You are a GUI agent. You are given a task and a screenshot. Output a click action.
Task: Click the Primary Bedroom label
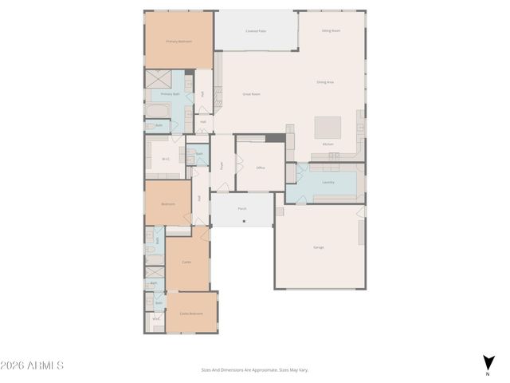point(178,41)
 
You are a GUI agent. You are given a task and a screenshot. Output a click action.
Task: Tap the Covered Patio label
point(256,31)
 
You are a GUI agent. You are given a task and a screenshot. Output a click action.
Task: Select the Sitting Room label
point(331,30)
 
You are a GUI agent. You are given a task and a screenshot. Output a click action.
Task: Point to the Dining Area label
point(325,81)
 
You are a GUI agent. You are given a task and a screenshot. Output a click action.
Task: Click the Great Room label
point(252,94)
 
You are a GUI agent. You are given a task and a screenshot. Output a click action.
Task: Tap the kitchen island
point(328,128)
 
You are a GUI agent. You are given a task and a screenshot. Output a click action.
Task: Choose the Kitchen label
point(328,144)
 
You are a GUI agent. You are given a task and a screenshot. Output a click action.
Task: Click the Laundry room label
point(328,182)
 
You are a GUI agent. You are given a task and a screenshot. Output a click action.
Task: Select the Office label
point(261,168)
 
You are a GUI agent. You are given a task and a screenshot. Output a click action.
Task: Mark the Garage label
point(319,247)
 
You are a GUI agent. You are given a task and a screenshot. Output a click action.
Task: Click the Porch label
point(241,209)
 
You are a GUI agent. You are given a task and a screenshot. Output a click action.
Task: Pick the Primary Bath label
point(171,93)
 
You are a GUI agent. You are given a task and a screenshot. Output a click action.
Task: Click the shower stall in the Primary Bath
point(156,78)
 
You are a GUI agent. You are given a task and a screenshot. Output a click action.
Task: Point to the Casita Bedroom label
point(190,314)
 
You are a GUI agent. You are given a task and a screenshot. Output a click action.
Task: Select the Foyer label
point(221,165)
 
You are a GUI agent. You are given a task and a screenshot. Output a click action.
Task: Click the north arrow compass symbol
point(488,363)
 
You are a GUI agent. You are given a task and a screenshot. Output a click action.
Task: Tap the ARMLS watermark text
point(32,365)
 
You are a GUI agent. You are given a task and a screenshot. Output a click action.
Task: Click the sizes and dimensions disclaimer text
point(254,369)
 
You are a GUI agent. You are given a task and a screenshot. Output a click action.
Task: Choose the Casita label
point(186,262)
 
